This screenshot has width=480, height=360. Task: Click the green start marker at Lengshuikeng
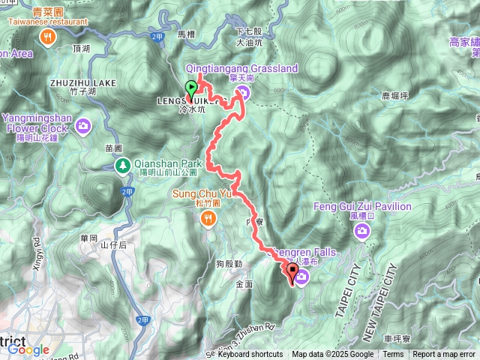(190, 87)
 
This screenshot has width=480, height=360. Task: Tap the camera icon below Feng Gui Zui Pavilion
(363, 232)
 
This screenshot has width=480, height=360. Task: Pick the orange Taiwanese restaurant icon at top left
(48, 37)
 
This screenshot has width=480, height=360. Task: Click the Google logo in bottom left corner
(28, 349)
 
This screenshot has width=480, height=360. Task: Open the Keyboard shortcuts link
(251, 355)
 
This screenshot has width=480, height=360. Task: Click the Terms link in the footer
(393, 355)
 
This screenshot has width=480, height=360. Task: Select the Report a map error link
(444, 355)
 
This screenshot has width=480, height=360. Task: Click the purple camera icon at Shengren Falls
(301, 278)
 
